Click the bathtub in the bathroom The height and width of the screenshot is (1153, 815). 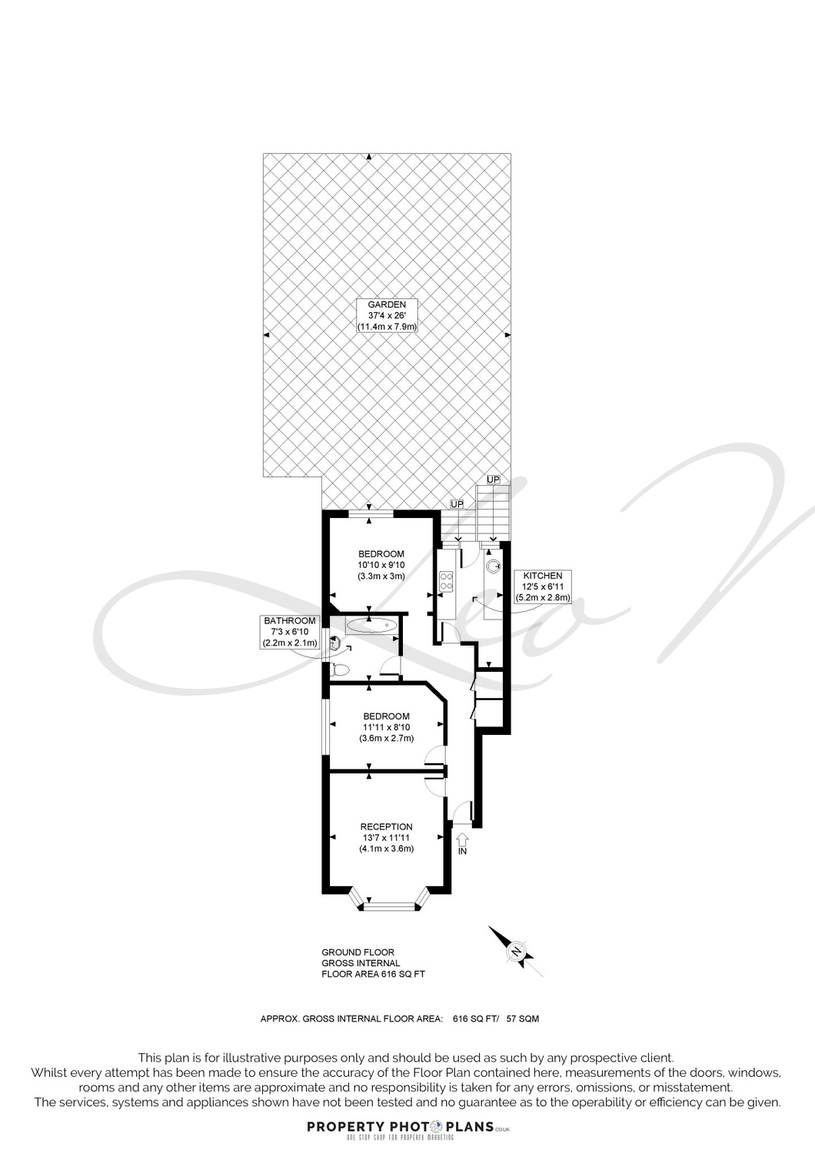coord(371,626)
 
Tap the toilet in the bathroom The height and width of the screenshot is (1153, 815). coord(339,670)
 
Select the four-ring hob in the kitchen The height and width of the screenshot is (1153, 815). coord(446,581)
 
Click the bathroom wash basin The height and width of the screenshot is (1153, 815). coord(334,643)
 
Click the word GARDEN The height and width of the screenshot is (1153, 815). coord(387,304)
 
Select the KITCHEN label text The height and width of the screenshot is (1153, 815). coord(543,576)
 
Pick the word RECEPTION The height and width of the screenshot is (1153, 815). coord(386,827)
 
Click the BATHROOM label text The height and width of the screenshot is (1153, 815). coord(290,621)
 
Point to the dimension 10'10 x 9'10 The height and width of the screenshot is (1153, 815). coord(381,565)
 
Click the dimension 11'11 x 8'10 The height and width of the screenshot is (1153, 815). coord(386,727)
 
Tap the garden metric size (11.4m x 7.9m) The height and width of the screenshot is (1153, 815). coord(387,327)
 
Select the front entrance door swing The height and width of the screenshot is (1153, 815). coord(463,809)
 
